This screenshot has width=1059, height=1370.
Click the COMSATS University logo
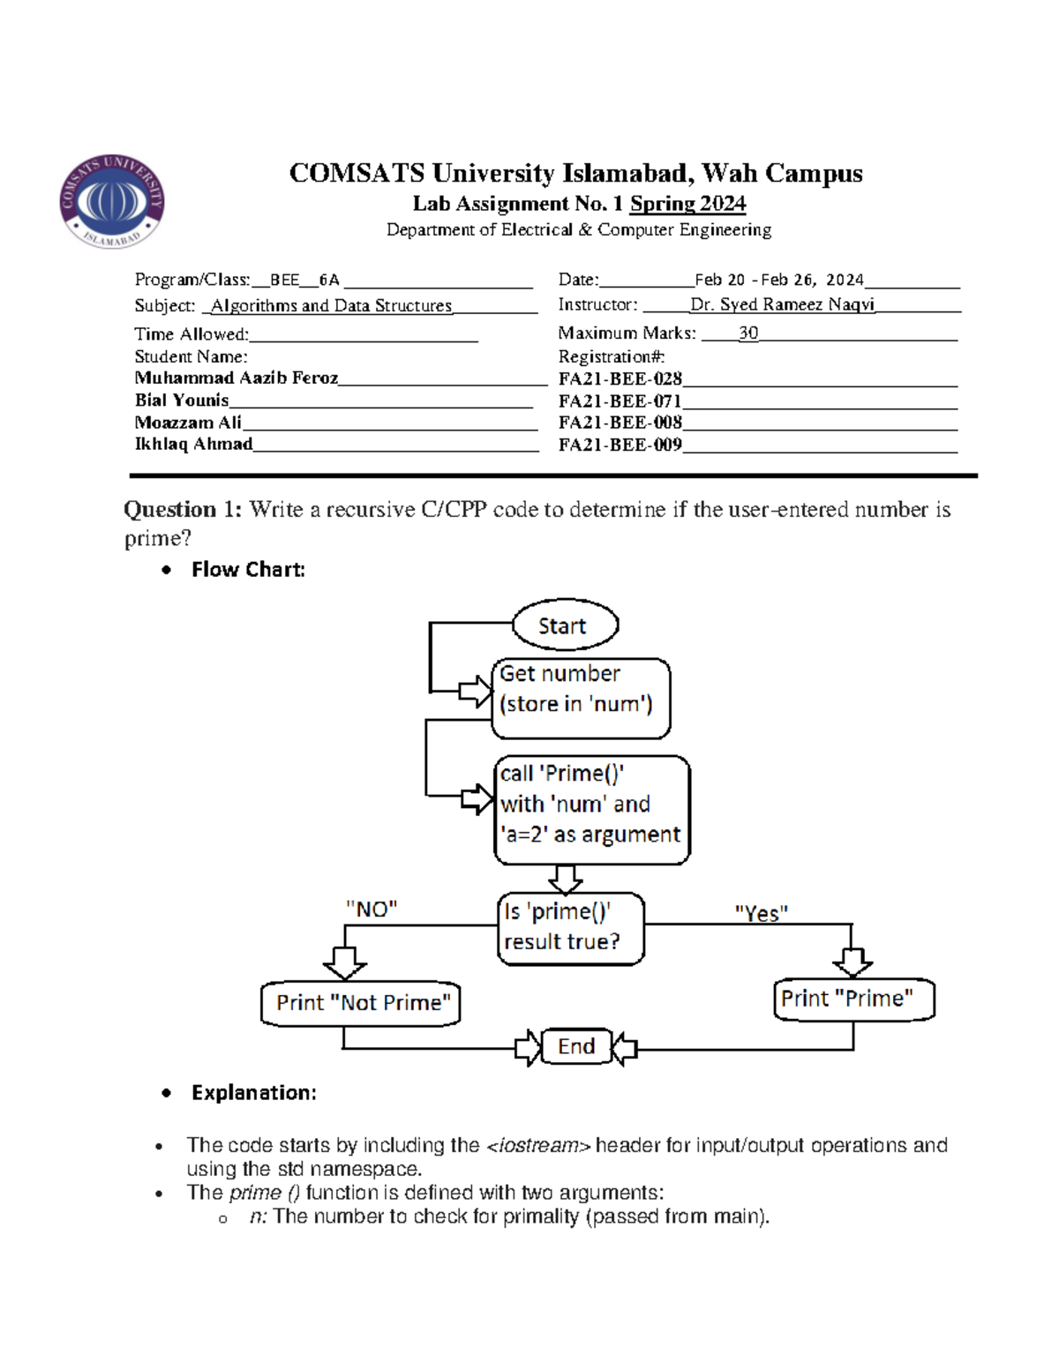111,201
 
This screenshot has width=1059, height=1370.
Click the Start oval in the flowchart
565,625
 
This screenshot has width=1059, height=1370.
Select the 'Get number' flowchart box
580,698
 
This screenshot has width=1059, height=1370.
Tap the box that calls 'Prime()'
591,809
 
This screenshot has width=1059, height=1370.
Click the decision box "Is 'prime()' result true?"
570,928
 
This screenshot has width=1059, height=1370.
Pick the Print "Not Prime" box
361,1003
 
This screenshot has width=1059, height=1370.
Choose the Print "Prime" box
852,999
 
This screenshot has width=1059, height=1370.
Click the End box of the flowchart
576,1046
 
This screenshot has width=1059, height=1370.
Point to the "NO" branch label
372,909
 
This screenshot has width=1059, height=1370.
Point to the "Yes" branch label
761,913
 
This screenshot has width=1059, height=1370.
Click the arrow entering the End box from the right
625,1049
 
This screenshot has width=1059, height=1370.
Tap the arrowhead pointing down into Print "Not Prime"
344,962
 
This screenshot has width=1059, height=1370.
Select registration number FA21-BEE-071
620,401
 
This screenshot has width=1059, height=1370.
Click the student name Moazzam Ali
187,423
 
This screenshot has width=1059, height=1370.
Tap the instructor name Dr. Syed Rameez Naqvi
782,304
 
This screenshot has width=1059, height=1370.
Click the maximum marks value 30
748,333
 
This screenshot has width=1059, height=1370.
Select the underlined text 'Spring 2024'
687,204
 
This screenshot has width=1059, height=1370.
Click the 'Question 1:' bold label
182,509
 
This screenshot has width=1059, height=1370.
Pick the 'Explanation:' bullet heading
253,1092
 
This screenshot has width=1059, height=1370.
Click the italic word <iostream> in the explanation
538,1145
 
